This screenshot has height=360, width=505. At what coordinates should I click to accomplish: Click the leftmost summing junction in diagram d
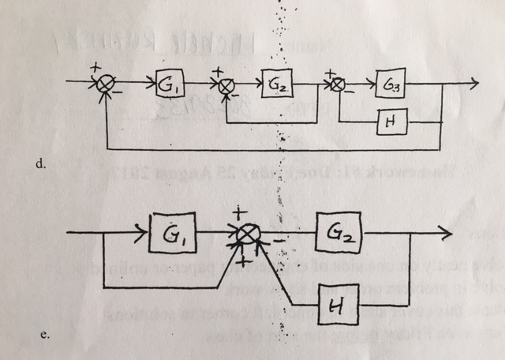pyautogui.click(x=107, y=82)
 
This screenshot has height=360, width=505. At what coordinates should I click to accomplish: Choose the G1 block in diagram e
pyautogui.click(x=170, y=234)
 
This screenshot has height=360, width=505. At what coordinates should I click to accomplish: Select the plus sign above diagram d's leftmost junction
pyautogui.click(x=94, y=69)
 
